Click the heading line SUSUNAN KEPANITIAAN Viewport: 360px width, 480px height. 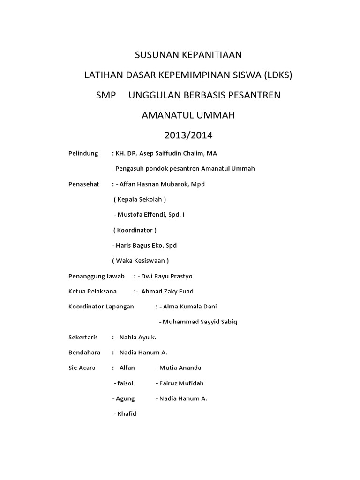188,55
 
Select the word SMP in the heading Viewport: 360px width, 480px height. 105,95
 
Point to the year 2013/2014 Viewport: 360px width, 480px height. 188,135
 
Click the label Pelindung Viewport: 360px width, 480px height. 83,153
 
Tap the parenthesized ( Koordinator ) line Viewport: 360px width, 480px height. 135,230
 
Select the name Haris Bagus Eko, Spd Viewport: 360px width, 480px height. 147,245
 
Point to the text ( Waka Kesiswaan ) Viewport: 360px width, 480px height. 141,260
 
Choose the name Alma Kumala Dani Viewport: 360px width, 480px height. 190,307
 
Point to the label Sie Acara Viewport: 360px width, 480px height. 82,367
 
